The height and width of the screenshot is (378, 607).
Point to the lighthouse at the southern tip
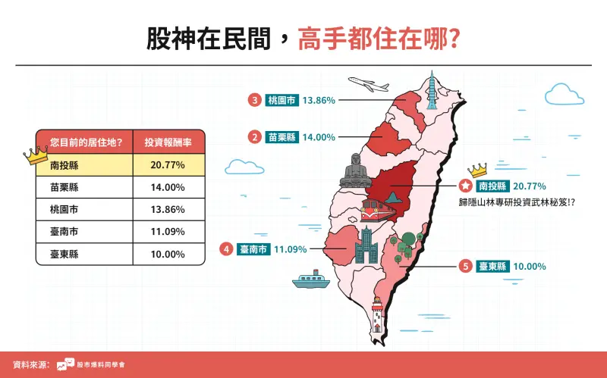tap(377, 315)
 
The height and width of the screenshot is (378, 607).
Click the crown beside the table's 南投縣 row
tap(35, 156)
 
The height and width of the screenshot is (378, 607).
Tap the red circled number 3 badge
tap(255, 99)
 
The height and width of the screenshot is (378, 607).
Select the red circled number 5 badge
tap(465, 266)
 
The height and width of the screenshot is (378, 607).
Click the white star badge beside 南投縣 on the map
tap(465, 185)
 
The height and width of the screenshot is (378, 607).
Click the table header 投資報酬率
tap(168, 142)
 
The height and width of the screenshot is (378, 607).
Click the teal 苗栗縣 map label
tap(281, 137)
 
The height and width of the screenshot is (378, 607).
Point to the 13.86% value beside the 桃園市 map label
tap(319, 99)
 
